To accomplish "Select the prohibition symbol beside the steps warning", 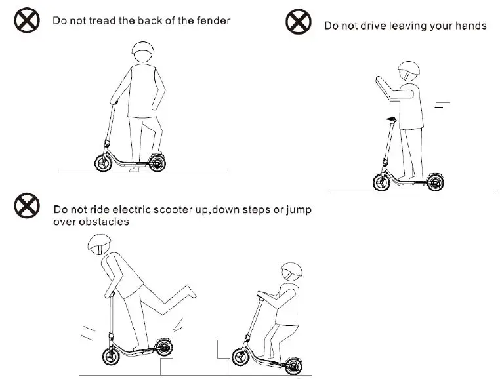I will (x=28, y=207).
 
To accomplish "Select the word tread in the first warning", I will (x=102, y=21).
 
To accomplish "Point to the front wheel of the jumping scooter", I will (x=110, y=358).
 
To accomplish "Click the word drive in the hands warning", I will (x=371, y=26).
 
